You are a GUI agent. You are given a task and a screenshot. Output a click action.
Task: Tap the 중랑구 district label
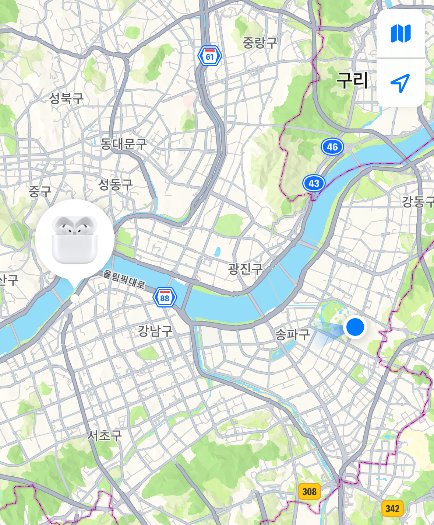coord(260,43)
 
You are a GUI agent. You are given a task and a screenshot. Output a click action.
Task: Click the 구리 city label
coord(352,80)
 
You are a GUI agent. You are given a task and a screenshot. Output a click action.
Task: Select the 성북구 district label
coord(67,98)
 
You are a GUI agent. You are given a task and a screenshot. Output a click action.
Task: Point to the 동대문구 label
coord(124,143)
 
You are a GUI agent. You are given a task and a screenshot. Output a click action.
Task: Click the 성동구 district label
coord(115,184)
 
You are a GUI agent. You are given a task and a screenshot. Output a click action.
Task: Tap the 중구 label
coord(40,191)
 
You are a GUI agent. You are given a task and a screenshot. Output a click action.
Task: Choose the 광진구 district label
coord(245,268)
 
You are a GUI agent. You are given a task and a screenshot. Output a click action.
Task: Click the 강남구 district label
coord(155,331)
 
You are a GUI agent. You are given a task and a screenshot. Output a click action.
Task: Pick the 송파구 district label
coord(293,334)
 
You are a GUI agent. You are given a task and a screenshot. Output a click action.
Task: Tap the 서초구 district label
coord(105,435)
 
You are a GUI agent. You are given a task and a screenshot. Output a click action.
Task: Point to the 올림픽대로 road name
coord(124,279)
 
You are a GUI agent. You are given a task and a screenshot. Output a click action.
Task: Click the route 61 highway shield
coord(209,56)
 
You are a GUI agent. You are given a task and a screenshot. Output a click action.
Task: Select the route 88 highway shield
coord(165,297)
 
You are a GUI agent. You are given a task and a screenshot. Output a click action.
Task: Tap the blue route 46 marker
coord(332,147)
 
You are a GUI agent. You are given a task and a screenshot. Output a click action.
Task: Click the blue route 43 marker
coord(314,183)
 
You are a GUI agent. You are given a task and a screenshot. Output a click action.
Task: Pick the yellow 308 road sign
coord(309,491)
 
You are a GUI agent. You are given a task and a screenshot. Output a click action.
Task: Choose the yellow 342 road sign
coord(392,509)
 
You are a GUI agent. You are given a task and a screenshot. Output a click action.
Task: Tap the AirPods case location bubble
coord(75,240)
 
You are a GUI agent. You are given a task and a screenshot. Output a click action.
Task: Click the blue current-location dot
coord(355,327)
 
